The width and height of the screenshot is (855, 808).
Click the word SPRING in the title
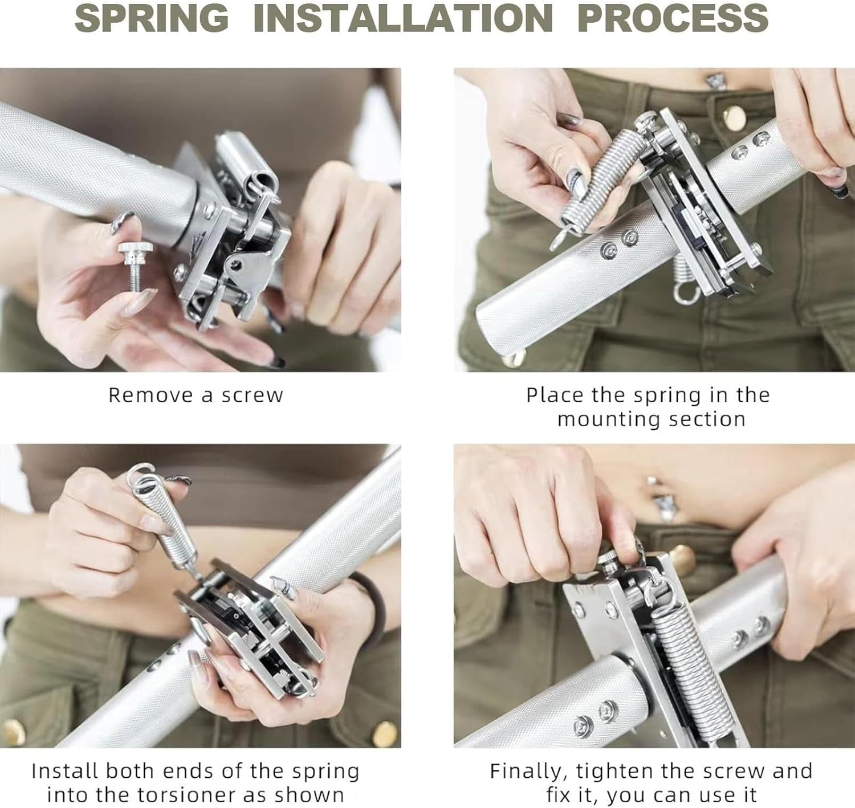click(152, 18)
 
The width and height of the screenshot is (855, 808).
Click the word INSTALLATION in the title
click(403, 18)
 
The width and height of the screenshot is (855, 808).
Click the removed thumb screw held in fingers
click(136, 267)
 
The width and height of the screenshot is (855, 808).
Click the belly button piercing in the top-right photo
click(715, 81)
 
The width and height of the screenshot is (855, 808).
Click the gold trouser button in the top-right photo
click(735, 117)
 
